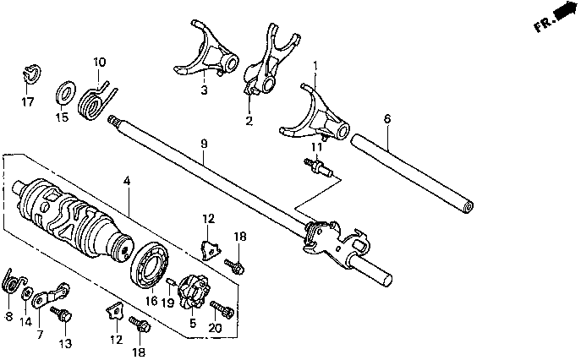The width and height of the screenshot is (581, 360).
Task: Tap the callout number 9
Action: click(204, 144)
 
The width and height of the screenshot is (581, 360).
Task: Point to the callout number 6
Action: click(386, 119)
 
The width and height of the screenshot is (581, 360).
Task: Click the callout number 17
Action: click(28, 102)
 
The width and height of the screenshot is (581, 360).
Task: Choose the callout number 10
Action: click(100, 62)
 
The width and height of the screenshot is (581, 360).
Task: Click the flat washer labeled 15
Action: click(63, 91)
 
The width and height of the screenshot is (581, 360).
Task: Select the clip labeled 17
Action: click(28, 73)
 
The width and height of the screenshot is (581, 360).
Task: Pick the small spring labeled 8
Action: click(12, 281)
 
